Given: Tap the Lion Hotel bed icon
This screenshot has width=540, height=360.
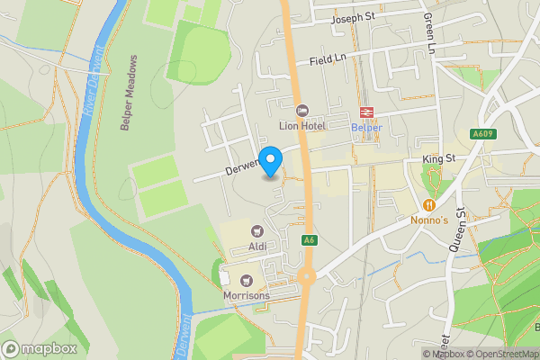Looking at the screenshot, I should coord(301,111).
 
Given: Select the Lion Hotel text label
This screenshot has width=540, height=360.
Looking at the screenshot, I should coord(301,126).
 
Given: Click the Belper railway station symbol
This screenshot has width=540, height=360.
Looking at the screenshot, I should coord(366,112).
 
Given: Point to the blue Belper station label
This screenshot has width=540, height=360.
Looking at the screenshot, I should coord(366,127).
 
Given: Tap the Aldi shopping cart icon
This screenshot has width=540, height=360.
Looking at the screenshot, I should coord(256,231).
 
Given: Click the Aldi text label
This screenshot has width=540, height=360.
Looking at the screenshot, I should coord(256,247).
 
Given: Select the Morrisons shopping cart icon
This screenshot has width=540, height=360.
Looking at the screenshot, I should coord(246,280).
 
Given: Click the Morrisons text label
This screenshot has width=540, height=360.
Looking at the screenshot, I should coord(246,295).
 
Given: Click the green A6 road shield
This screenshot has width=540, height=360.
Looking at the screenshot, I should coord(309,240).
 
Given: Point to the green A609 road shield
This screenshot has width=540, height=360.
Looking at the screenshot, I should coord(482,134).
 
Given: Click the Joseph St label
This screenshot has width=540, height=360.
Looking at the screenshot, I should coord(353,18).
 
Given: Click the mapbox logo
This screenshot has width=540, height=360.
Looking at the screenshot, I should coord(38,348).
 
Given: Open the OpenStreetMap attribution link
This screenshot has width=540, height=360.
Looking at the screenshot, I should coord(501,354).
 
